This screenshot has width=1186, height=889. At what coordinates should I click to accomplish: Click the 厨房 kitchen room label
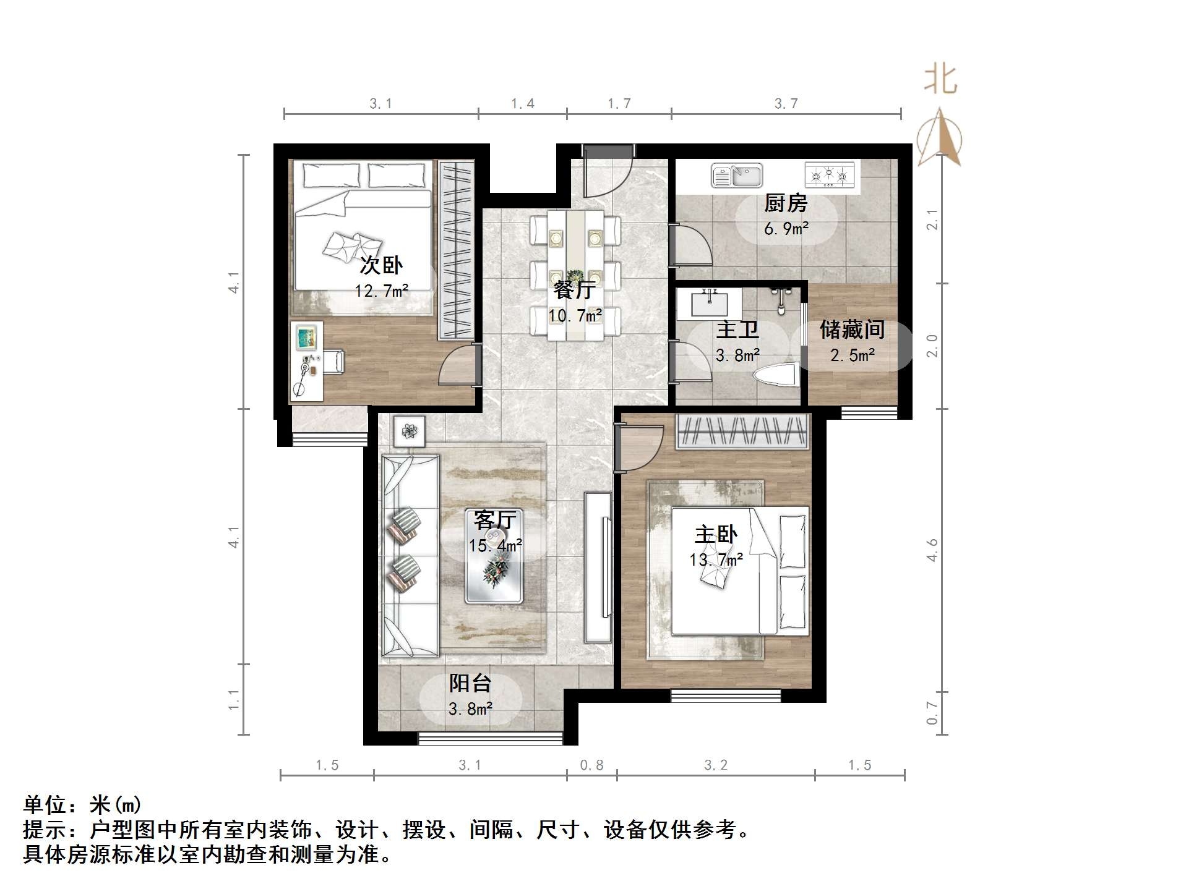pos(785,203)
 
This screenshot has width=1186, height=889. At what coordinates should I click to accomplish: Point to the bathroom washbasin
pos(708,304)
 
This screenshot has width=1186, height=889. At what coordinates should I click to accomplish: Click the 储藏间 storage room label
pos(852,330)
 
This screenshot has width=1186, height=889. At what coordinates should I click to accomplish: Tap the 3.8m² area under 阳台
pos(470,708)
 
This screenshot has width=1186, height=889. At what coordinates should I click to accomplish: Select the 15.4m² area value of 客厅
pos(495,545)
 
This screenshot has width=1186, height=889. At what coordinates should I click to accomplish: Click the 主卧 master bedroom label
pos(716,534)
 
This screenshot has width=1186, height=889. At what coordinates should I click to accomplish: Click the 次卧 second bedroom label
pos(381,265)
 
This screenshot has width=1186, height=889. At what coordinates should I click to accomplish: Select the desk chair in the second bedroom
pos(333,362)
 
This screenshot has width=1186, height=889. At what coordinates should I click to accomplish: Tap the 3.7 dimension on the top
pos(786,103)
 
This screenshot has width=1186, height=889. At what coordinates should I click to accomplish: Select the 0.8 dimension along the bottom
pos(591,765)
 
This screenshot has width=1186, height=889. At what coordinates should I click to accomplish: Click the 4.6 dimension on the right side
pos(932,550)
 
